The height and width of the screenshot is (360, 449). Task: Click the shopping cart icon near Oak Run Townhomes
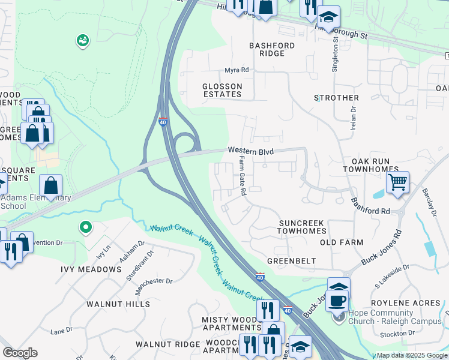point(397,182)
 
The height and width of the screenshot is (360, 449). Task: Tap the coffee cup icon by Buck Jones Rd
point(337,300)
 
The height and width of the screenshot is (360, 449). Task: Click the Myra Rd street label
point(236,70)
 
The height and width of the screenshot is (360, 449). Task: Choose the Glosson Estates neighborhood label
point(222,91)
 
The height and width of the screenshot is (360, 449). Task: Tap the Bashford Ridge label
point(272,49)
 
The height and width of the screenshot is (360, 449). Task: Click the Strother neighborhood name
point(336,98)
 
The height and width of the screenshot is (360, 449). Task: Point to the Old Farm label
point(342,242)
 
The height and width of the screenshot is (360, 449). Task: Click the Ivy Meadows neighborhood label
point(91,269)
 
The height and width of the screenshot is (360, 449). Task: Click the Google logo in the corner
point(20,353)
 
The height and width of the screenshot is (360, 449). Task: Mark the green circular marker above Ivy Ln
point(86,227)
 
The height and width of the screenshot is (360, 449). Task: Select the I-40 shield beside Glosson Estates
point(163,122)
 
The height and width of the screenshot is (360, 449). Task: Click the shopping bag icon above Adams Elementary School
point(52,187)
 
